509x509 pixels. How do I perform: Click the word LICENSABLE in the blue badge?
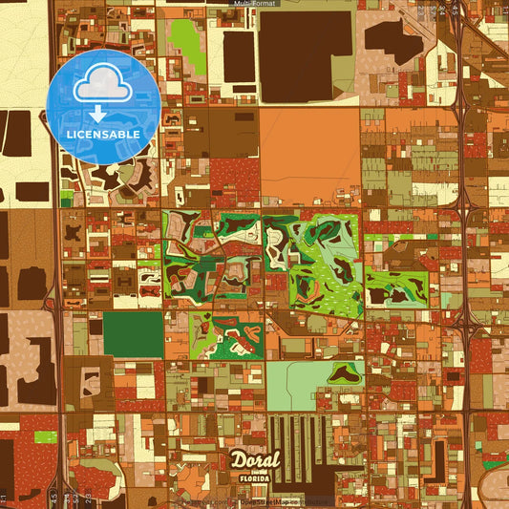[103, 135]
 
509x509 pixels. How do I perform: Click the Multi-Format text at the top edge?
[253, 5]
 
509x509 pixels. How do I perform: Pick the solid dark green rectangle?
[133, 334]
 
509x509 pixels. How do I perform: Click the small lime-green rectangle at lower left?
[46, 437]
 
